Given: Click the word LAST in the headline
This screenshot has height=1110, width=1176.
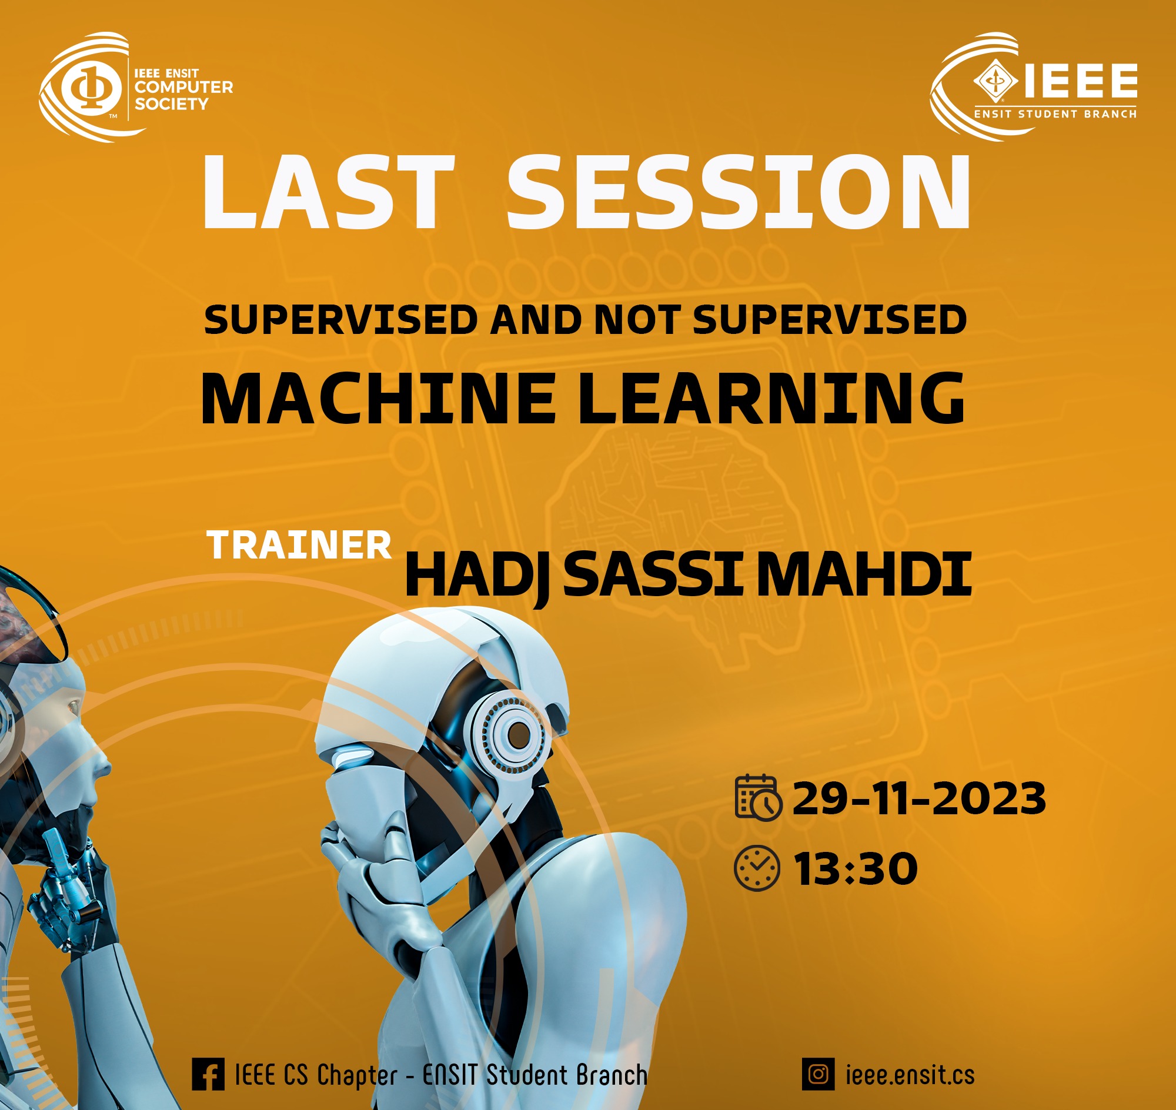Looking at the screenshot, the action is coord(329,192).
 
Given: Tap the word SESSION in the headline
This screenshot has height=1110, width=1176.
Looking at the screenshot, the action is coord(739,192).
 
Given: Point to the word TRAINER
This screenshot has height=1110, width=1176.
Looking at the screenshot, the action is coord(299,545).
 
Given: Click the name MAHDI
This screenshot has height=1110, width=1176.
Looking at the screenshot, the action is coord(864,573).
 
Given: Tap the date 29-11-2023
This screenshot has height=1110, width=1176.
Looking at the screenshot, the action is coord(919,798).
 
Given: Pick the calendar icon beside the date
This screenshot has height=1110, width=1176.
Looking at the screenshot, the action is coord(758,798).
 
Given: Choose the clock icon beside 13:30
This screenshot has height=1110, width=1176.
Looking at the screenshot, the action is coord(757,868).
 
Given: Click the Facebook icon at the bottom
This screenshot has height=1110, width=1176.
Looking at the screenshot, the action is coord(208,1074).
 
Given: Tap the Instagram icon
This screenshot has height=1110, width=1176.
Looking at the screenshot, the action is coord(818,1074).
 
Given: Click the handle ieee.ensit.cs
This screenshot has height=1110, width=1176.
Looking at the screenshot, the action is coord(910,1075).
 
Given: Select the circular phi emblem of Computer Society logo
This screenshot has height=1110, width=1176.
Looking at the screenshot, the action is coord(91,88).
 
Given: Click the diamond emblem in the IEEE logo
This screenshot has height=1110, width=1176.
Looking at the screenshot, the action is coord(995,81).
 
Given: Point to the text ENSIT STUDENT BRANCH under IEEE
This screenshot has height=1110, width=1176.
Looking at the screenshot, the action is coord(1055,113).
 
